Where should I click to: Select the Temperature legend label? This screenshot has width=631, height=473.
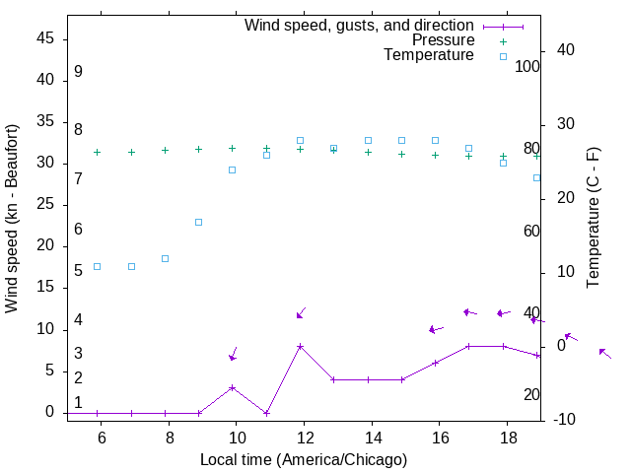(x=429, y=55)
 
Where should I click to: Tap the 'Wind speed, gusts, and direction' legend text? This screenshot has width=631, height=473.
(x=359, y=26)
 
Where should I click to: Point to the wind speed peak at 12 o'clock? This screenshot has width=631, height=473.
(x=300, y=346)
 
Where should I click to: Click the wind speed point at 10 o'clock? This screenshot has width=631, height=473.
(x=233, y=387)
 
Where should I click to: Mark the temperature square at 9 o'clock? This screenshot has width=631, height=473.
(x=198, y=222)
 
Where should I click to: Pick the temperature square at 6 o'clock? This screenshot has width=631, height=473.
(x=97, y=266)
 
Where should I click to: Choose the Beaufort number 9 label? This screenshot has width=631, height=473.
(x=78, y=72)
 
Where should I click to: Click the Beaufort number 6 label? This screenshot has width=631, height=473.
(x=78, y=230)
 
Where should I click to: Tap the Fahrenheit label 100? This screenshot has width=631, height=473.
(x=527, y=66)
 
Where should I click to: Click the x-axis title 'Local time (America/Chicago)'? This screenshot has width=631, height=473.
(x=303, y=459)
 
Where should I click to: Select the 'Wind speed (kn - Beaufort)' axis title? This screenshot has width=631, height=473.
(x=12, y=219)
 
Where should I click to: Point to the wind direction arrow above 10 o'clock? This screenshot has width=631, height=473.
(x=234, y=354)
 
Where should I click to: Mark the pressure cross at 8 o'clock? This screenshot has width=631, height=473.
(x=165, y=151)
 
